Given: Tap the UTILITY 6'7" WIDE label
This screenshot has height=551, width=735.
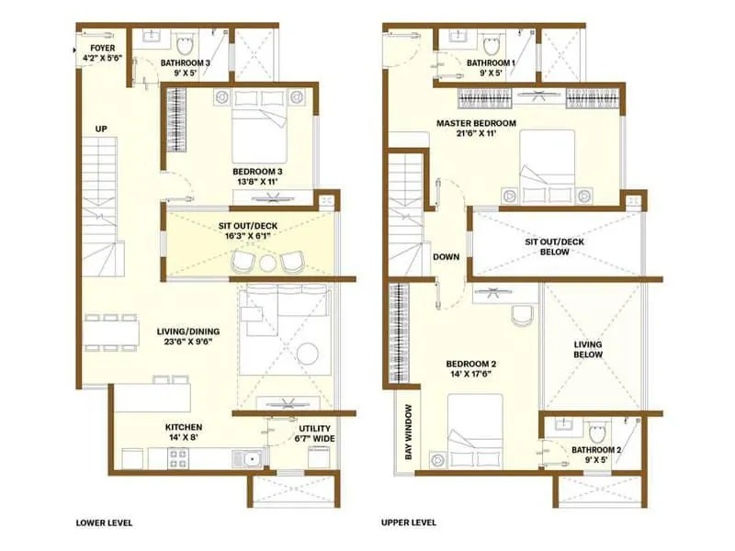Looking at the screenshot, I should click(308, 433).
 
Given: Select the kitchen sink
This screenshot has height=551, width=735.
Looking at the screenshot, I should click(248, 457).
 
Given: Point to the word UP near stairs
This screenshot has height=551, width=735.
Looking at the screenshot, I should click(101, 129).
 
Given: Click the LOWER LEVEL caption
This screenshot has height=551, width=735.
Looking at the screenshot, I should click(104, 523).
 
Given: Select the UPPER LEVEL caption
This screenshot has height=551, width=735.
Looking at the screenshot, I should click(409, 523).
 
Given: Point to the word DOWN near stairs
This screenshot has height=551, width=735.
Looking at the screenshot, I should click(447, 257).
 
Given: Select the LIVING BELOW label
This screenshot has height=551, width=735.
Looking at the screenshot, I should click(588, 350).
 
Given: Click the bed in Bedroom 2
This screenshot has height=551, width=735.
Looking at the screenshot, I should click(474, 432).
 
